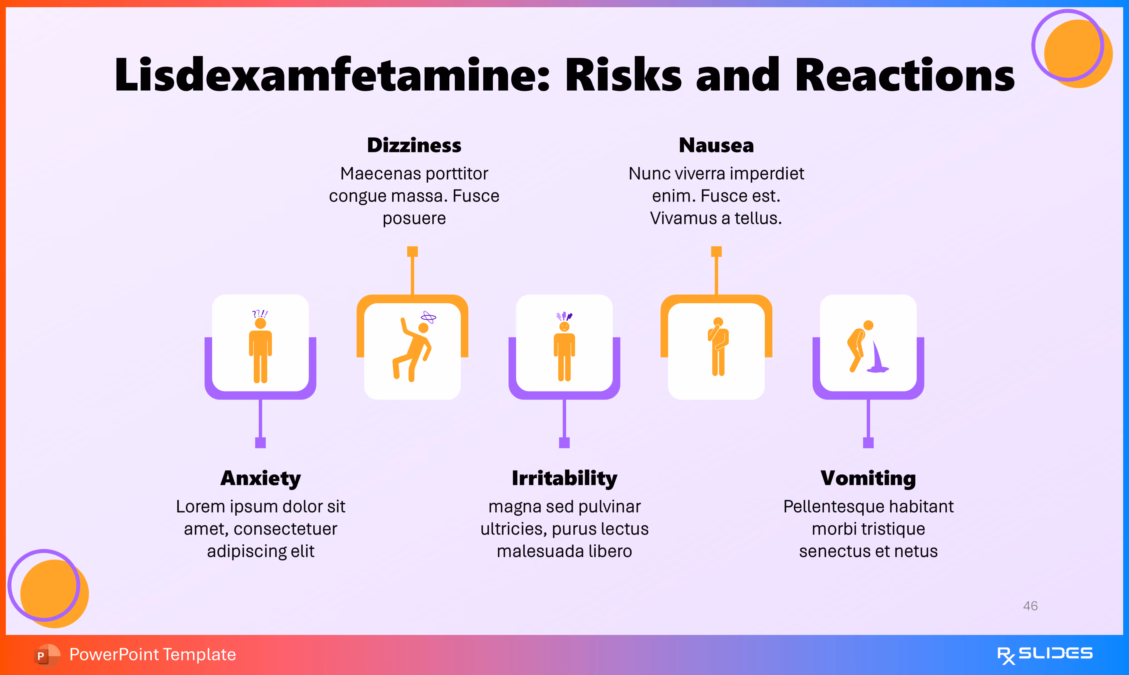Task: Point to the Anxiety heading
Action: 260,479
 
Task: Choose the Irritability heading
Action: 564,479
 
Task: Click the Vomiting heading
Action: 868,479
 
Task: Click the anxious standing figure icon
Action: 260,348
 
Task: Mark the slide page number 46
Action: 1030,606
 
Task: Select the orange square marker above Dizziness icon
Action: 412,252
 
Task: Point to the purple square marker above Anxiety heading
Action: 260,442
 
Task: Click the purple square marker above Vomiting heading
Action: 868,442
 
